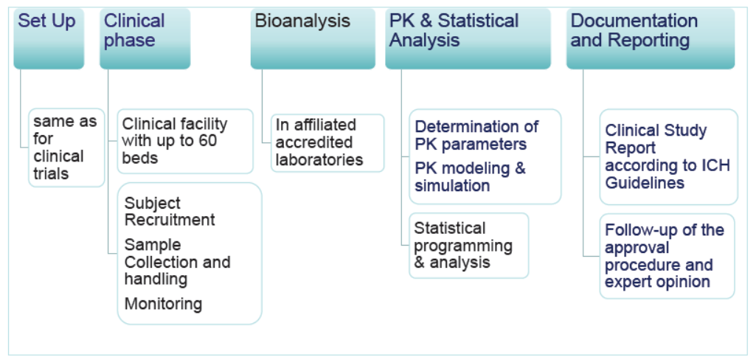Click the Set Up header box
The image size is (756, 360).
49,38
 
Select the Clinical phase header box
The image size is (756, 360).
145,38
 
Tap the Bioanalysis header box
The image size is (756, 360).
313,38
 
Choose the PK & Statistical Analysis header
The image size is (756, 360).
468,38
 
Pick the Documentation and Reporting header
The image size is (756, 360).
651,38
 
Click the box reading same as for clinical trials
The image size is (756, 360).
66,148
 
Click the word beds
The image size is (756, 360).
140,158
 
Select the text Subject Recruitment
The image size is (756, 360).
170,211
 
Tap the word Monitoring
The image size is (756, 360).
163,304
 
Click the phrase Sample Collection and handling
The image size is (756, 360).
178,262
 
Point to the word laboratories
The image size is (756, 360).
319,159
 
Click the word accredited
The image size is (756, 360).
314,142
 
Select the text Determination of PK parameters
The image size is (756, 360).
476,136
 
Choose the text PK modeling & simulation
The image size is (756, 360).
470,177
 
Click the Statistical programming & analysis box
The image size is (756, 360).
468,246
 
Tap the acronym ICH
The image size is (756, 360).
715,165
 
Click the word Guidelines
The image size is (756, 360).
645,183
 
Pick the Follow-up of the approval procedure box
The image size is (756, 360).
667,256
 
